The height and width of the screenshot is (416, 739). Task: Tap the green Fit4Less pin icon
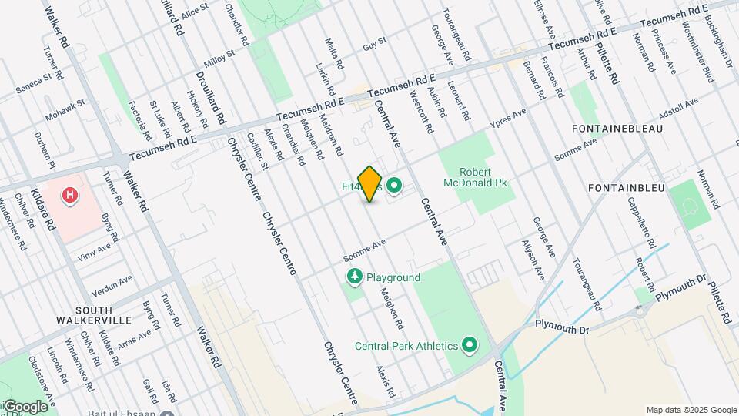coord(395,185)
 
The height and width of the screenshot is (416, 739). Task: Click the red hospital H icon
coord(71,196)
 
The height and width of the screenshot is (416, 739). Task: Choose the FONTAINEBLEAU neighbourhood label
coord(617,128)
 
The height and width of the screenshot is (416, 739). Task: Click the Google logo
coord(25,406)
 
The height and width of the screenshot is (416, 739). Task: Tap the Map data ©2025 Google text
coord(691,410)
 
